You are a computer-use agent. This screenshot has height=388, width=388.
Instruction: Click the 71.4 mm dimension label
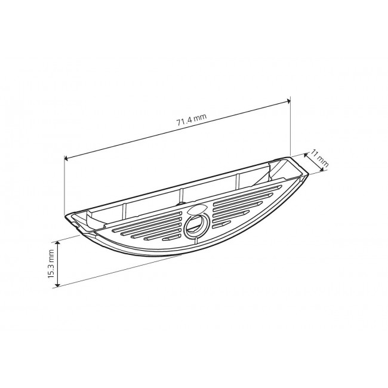point(192,120)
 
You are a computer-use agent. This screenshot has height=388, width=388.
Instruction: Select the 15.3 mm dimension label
point(51,264)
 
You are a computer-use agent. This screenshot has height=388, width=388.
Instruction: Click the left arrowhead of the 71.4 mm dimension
point(66,158)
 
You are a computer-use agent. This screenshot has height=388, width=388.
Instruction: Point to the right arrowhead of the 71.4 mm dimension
point(288,100)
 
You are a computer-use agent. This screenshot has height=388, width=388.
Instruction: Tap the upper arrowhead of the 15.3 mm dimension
point(57,243)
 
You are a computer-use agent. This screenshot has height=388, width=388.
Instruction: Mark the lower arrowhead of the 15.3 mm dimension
point(57,285)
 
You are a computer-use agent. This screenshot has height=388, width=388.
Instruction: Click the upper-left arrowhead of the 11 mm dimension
point(306,155)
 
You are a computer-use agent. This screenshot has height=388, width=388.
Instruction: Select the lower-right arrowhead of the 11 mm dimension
point(321,169)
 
